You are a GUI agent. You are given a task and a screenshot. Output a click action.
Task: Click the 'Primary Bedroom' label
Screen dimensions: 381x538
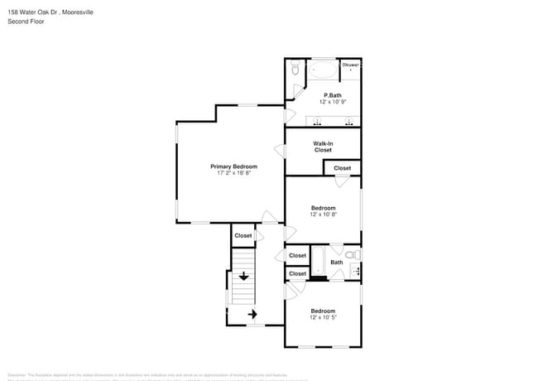click(x=233, y=166)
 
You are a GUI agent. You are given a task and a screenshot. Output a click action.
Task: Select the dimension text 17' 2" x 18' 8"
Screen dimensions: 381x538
click(x=233, y=174)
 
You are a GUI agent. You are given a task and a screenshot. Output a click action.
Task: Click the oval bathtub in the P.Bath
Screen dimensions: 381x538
click(x=323, y=69)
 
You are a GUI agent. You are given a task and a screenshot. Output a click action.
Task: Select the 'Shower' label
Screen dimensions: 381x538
click(x=351, y=64)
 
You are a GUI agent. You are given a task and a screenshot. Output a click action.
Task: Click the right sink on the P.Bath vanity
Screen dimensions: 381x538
click(x=349, y=123)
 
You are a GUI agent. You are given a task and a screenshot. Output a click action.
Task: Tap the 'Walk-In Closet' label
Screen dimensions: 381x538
click(x=323, y=147)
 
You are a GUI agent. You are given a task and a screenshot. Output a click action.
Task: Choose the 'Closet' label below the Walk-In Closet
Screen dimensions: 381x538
click(x=342, y=168)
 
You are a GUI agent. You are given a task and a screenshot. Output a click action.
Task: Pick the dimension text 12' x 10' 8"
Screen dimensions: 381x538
click(x=323, y=215)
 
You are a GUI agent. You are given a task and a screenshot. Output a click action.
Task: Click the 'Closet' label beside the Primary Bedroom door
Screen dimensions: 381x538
click(x=243, y=236)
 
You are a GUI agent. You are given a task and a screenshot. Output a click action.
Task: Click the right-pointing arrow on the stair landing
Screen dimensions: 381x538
click(x=253, y=314)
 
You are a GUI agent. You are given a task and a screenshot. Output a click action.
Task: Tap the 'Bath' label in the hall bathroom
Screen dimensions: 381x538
click(x=337, y=263)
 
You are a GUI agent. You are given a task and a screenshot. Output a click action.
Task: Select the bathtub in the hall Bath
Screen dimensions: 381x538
click(x=318, y=263)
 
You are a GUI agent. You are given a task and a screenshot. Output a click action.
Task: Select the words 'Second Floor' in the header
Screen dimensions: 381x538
click(x=26, y=21)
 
